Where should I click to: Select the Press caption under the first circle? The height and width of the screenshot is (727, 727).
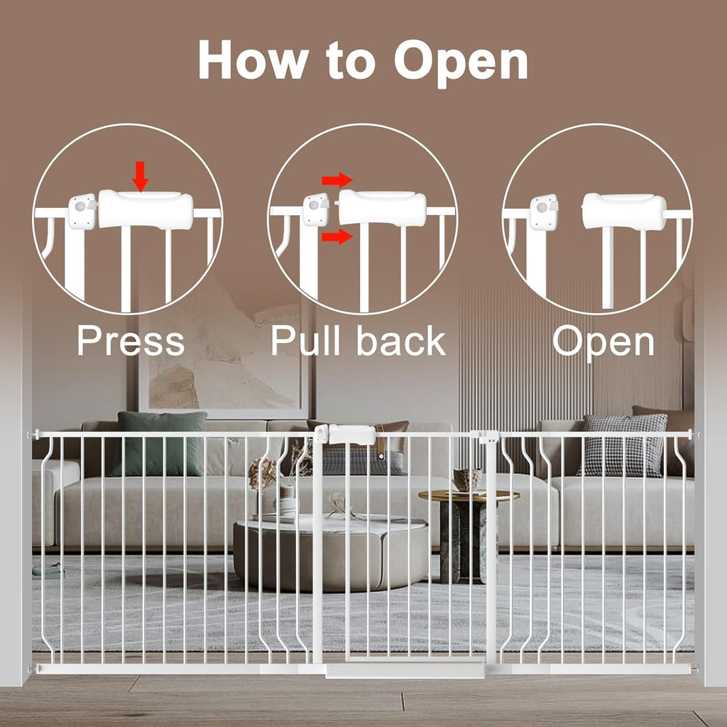(x=131, y=341)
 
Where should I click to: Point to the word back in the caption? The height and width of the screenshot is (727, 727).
(x=401, y=341)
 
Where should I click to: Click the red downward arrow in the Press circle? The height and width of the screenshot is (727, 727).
(x=141, y=175)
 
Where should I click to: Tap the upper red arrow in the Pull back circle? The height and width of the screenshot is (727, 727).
(x=337, y=180)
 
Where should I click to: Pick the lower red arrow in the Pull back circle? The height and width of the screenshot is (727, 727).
(x=337, y=236)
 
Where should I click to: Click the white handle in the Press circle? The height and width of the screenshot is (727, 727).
(x=146, y=209)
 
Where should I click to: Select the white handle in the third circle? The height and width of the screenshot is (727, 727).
(x=624, y=211)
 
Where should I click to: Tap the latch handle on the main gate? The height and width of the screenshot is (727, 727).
(x=351, y=434)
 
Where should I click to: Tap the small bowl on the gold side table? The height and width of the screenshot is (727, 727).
(x=466, y=479)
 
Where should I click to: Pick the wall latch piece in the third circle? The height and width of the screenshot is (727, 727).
(x=544, y=212)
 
